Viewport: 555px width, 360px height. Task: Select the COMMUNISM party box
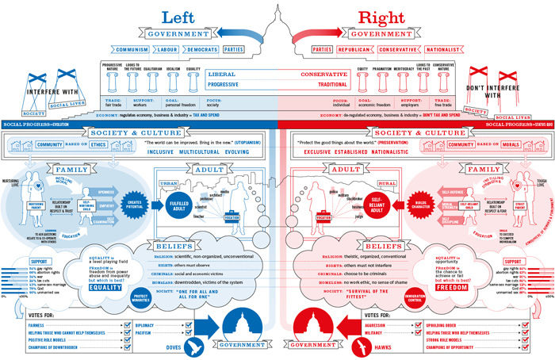coord(129,48)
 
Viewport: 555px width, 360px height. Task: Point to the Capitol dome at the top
coord(277,24)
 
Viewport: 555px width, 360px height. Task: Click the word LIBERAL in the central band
coord(224,74)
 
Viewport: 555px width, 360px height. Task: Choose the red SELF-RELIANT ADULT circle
coord(377,205)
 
